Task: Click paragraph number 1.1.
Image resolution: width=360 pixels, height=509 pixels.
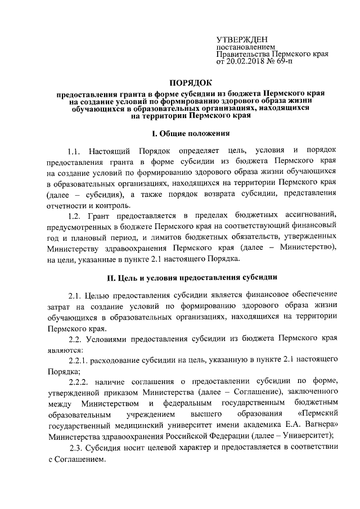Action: [75, 152]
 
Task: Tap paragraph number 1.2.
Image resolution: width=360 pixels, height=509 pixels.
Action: [75, 217]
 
